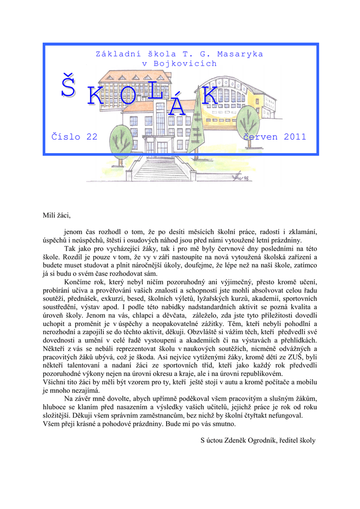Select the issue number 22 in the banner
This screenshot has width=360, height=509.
[91, 137]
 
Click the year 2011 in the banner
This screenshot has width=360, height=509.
[295, 137]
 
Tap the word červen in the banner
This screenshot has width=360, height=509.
[260, 137]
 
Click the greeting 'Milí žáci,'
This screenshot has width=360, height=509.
[57, 215]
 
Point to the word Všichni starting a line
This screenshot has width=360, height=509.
[54, 382]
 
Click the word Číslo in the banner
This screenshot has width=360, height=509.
[65, 137]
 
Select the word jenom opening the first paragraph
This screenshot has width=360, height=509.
[75, 232]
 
